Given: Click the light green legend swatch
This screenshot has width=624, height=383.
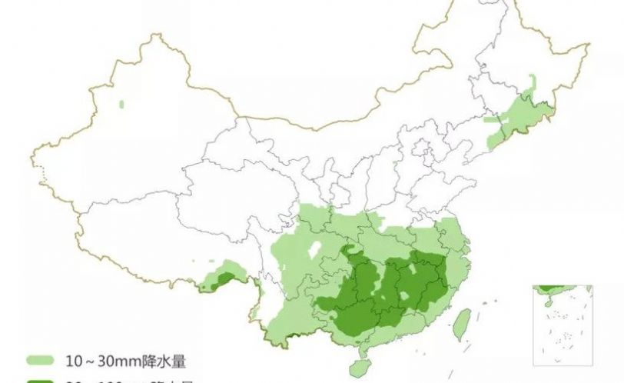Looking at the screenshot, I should (39, 360).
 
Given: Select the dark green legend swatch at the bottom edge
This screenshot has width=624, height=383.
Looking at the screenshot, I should (39, 380).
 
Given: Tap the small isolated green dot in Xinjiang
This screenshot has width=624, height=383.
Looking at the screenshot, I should (121, 103).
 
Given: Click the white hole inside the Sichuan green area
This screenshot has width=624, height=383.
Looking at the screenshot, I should (313, 249).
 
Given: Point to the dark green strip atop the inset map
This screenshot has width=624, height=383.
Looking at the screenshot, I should (552, 288).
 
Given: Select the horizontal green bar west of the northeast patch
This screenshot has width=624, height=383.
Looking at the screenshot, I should (491, 120).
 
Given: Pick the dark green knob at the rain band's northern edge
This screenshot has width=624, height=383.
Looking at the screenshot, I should (350, 251).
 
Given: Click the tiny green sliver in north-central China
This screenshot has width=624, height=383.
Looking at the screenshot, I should (395, 164).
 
